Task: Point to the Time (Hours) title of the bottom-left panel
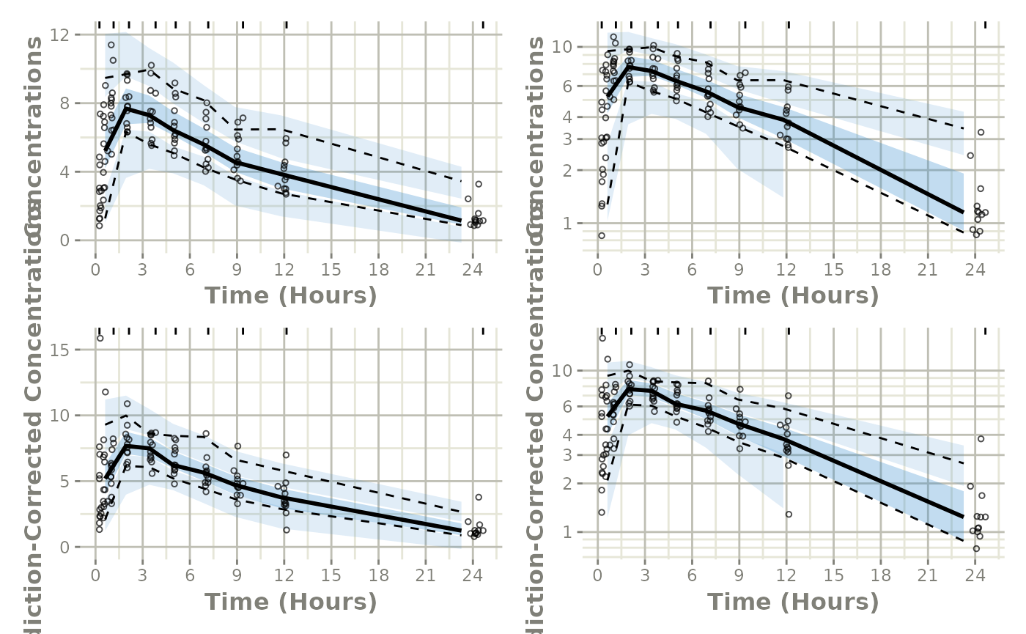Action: [290, 602]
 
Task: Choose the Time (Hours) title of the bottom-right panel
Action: [792, 602]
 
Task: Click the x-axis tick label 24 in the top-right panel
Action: [975, 270]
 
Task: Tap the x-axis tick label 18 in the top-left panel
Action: [379, 270]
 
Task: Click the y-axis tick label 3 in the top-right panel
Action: [577, 139]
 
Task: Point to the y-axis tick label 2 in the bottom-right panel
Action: [577, 484]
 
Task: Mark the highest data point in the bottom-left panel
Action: [100, 338]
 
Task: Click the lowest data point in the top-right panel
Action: [602, 235]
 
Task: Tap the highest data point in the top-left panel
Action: [111, 45]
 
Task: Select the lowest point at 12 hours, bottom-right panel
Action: [789, 515]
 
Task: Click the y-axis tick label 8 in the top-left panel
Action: [75, 103]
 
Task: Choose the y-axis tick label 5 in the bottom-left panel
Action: [75, 482]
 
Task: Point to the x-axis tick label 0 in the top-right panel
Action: [597, 270]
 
